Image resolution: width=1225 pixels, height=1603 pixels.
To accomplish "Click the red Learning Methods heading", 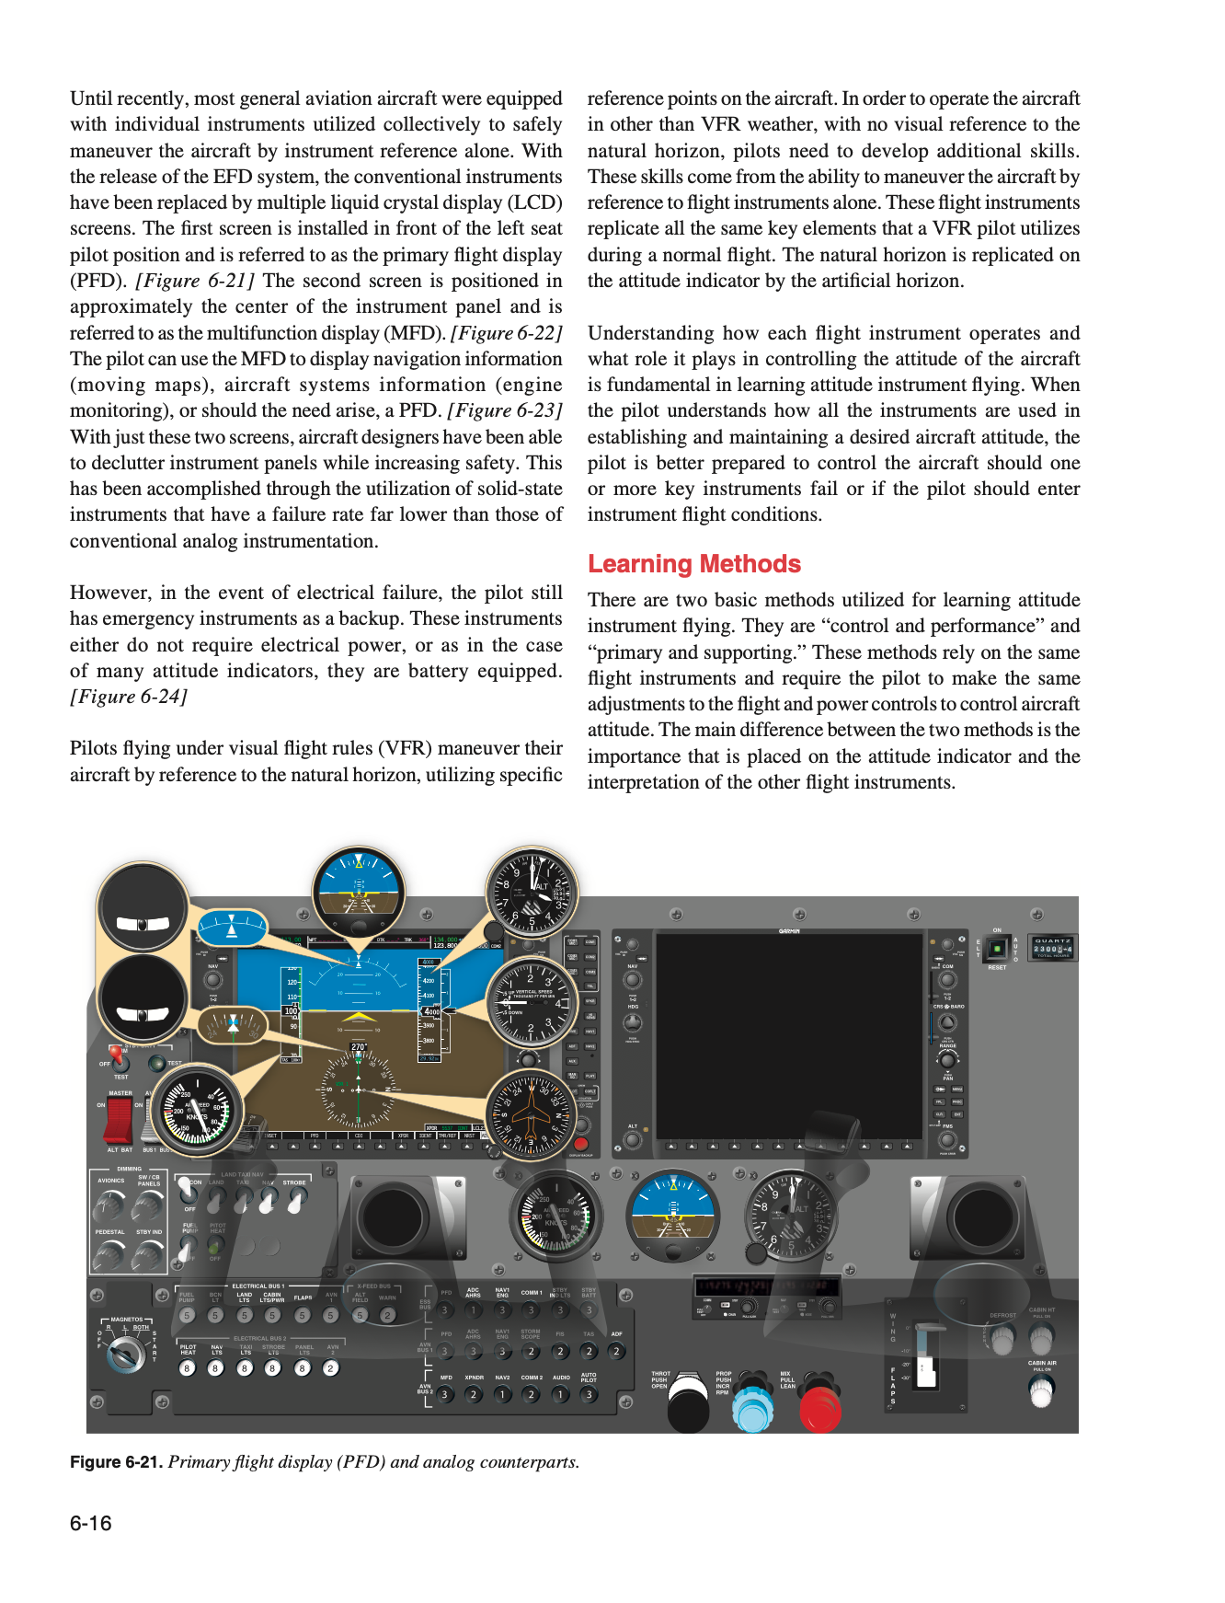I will click(693, 563).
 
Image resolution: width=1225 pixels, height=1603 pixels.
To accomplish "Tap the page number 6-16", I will click(90, 1523).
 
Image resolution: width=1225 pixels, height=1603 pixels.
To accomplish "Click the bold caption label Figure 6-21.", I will click(116, 1462).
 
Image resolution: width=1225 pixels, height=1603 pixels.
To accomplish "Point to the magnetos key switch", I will click(125, 1354).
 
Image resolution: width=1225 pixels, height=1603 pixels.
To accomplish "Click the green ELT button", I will click(997, 948).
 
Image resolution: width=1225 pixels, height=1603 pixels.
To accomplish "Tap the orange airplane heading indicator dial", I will click(531, 1114).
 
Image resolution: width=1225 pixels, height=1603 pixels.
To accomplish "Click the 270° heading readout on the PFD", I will click(359, 1047).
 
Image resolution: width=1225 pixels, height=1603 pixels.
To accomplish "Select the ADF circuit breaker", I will click(617, 1351).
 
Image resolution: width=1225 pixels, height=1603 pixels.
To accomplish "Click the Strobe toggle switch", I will click(296, 1200).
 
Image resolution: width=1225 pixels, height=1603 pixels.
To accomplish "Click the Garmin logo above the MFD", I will click(789, 931).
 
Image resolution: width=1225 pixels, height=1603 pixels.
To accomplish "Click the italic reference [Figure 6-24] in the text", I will click(129, 697).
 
